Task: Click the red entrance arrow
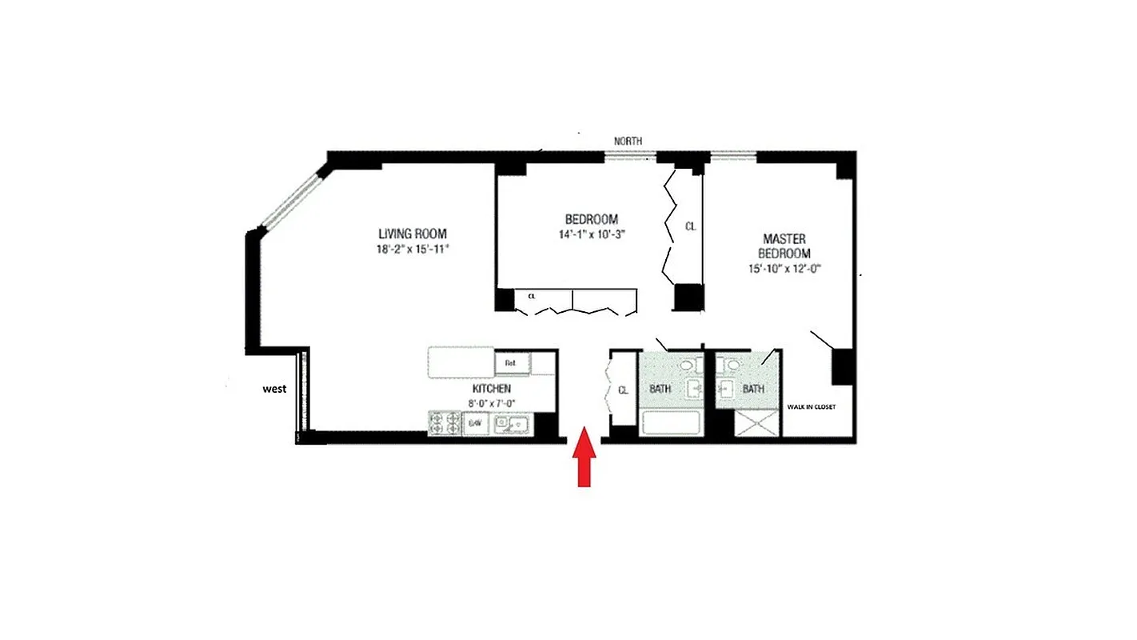click(585, 458)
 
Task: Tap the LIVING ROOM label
click(413, 234)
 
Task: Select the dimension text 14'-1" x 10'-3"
click(592, 234)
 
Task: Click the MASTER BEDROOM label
click(784, 246)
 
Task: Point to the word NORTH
click(628, 142)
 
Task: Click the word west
click(275, 390)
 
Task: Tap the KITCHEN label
click(491, 389)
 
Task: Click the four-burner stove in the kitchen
click(445, 423)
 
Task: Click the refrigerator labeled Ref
click(511, 363)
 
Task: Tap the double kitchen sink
click(513, 423)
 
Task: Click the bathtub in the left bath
click(670, 423)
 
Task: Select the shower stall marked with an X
click(756, 423)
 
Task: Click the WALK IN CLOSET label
click(811, 407)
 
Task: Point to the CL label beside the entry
click(623, 390)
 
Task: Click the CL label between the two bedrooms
click(690, 226)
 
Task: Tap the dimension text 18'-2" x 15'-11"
click(413, 249)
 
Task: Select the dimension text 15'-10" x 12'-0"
click(784, 269)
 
